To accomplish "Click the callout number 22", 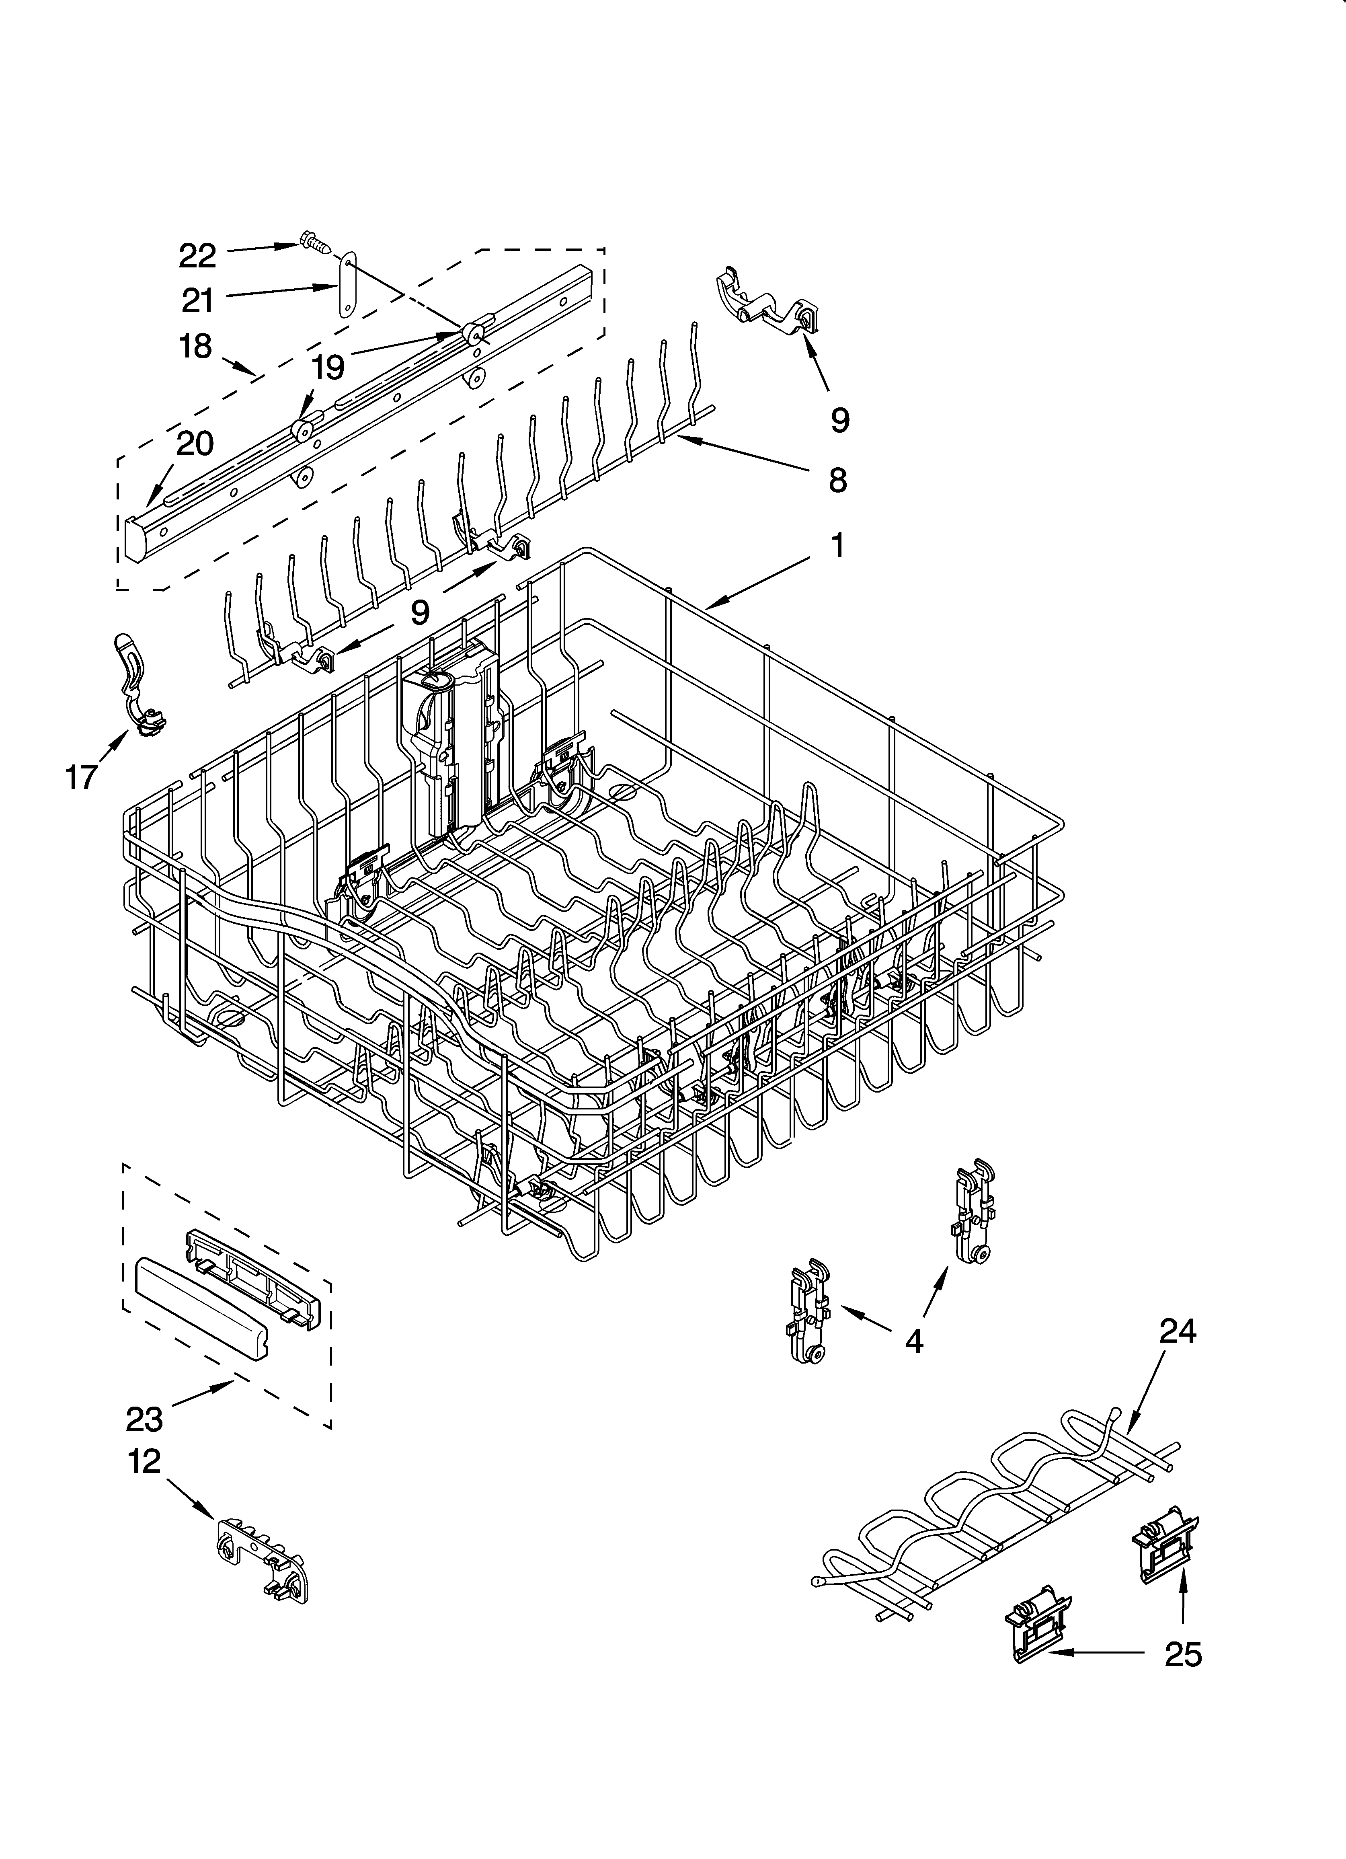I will (197, 257).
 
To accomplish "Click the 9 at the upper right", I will (839, 420).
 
